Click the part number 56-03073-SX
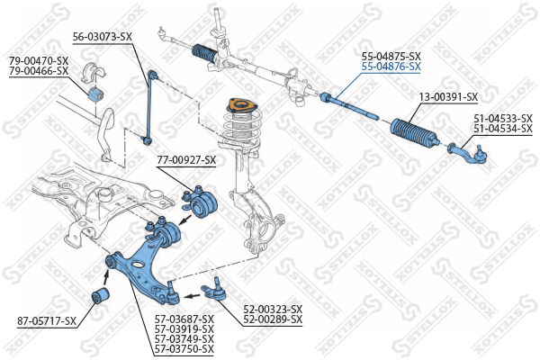tap(103, 36)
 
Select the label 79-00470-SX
tap(39, 60)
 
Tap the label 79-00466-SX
tap(39, 69)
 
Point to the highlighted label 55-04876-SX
tap(391, 66)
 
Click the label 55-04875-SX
tap(391, 56)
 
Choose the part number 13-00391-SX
tap(448, 96)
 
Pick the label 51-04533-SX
tap(502, 118)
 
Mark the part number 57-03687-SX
tap(184, 319)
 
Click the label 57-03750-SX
tap(184, 348)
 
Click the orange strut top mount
tap(238, 111)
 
